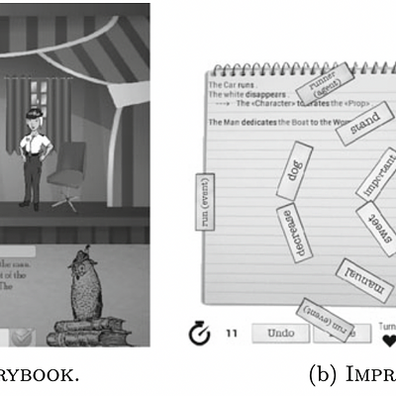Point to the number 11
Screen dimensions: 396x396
(231, 334)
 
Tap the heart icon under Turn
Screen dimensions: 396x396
(388, 340)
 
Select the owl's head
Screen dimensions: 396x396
(78, 265)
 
